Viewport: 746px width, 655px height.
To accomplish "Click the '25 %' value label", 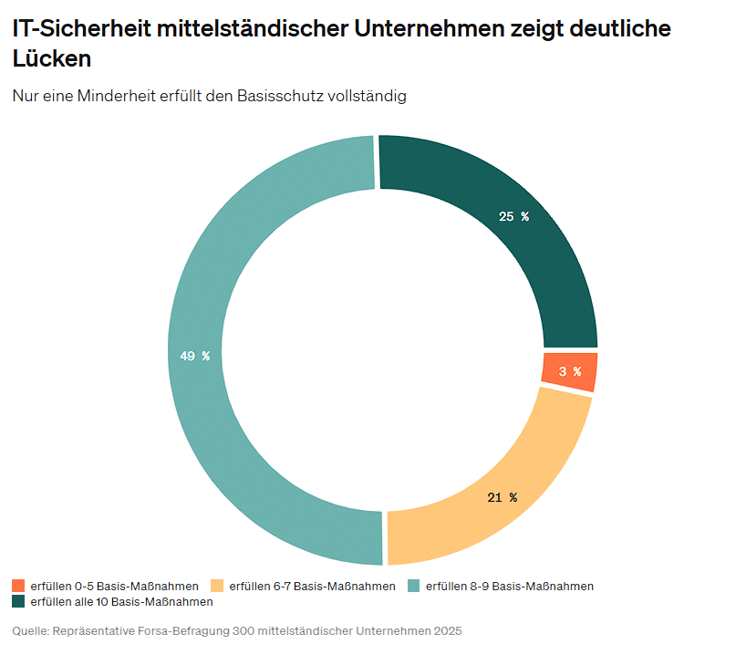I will click(513, 216).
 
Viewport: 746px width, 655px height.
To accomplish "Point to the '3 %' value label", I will click(570, 371).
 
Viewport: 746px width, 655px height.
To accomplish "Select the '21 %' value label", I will click(502, 497).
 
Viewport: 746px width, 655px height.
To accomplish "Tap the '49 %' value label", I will click(194, 356).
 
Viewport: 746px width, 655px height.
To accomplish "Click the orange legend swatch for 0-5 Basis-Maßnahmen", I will click(18, 586).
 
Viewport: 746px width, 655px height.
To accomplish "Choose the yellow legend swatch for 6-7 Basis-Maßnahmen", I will click(217, 586).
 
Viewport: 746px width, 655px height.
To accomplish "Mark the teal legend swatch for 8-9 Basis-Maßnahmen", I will click(413, 586).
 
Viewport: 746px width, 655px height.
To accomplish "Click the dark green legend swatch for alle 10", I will click(18, 602).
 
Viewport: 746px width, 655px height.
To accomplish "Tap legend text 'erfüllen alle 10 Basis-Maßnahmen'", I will click(121, 602).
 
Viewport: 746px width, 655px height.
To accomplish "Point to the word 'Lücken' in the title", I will click(52, 58).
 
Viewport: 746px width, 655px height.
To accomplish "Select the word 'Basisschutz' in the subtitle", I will click(278, 96).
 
